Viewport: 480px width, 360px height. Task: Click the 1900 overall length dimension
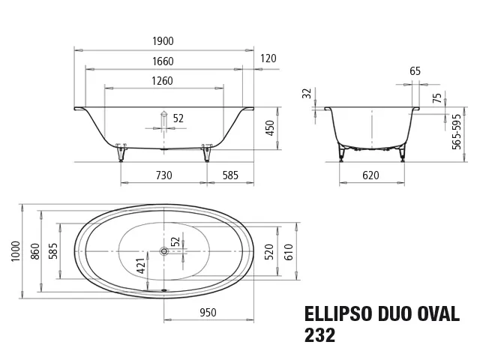163,41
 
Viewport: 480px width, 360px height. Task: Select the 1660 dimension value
163,61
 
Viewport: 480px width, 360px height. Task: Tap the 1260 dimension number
162,81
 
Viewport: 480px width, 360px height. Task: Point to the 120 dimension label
268,58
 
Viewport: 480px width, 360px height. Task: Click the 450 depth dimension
270,128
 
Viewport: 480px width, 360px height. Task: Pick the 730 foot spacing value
164,175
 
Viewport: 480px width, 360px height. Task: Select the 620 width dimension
370,175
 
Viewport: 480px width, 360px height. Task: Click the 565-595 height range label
457,132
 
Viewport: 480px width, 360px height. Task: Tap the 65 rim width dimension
415,71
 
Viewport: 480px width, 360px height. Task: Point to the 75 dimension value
438,98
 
